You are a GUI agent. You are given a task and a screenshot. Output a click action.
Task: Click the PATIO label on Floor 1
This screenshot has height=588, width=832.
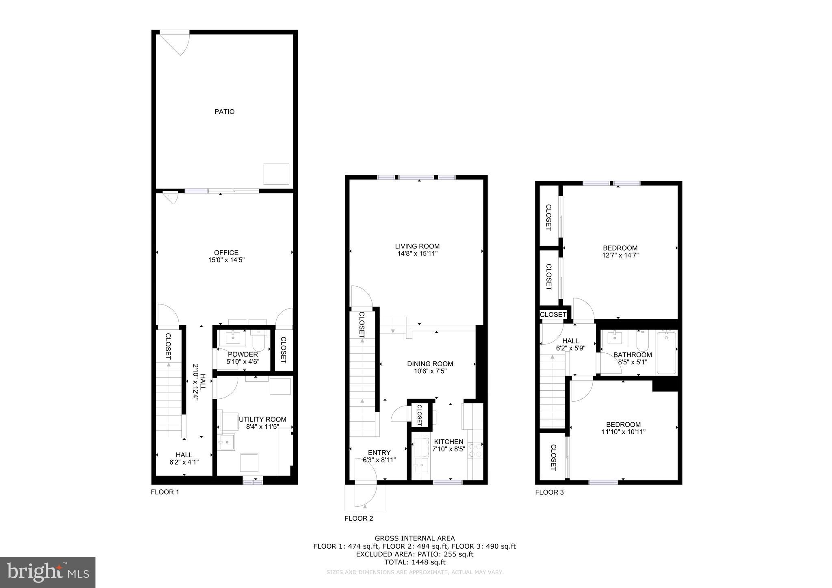coord(224,112)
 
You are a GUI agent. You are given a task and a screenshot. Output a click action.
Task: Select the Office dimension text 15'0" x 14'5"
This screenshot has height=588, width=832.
coord(226,260)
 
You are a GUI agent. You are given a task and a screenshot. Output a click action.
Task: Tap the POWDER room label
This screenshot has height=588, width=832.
coord(243,354)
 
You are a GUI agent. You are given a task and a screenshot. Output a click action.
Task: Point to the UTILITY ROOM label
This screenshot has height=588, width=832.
coord(262,419)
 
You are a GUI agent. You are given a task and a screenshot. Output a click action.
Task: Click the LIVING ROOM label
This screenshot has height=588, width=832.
coord(417,246)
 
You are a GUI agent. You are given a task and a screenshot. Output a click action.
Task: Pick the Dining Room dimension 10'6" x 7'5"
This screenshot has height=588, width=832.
coord(430,371)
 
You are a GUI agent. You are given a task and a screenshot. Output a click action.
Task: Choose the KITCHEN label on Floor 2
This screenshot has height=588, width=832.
coord(448,442)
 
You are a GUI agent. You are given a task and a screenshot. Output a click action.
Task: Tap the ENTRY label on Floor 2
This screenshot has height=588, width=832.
coord(379,453)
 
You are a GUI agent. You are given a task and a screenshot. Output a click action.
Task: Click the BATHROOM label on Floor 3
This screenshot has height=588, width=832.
coord(633,355)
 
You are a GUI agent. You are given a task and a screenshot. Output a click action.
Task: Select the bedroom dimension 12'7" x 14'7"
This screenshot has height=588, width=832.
coord(620,255)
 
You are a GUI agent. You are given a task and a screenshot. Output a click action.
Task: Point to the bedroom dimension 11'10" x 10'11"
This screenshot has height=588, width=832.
coord(623,432)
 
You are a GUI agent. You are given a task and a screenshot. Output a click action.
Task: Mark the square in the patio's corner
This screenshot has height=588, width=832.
coord(276,174)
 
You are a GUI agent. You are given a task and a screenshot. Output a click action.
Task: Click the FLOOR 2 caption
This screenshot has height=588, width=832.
coord(359,519)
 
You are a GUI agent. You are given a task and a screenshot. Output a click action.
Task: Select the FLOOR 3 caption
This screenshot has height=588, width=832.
coord(549,493)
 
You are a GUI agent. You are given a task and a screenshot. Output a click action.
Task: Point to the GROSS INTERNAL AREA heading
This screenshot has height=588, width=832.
coord(414,538)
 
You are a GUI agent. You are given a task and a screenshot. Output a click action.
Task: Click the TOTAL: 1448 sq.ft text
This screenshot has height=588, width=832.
coord(414,562)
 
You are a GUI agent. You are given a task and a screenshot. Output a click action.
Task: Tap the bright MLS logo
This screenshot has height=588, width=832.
coord(48,573)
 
